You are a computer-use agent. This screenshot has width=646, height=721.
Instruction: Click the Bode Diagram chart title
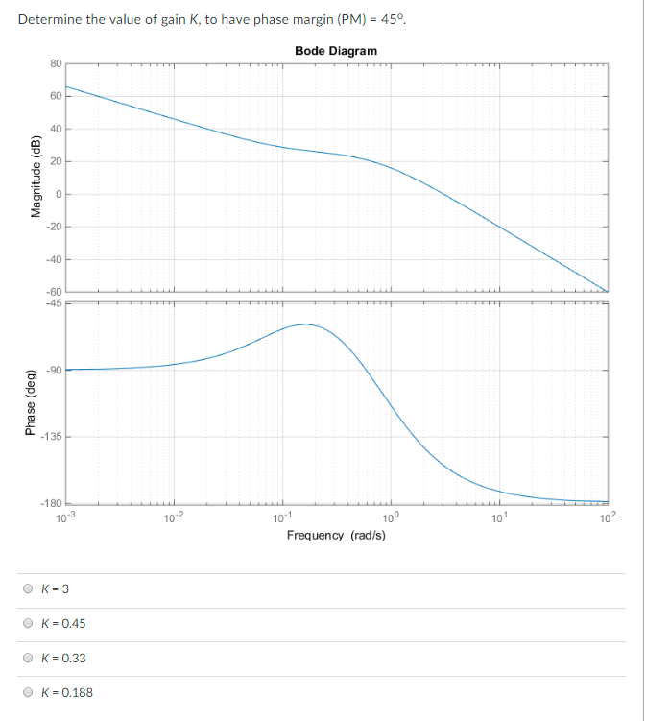336,50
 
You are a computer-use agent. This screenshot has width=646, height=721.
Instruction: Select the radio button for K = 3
28,589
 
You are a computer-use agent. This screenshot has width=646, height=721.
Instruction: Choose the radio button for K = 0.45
28,623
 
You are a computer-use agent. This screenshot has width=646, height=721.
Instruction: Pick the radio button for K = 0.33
28,658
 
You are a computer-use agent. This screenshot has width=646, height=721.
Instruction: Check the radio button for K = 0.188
28,692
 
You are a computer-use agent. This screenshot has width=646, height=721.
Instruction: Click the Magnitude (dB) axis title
36,178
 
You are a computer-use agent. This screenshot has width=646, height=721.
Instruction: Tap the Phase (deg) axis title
36,402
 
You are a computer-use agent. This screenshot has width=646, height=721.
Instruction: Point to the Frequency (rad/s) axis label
336,534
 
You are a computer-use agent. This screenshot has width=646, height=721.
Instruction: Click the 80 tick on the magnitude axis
56,63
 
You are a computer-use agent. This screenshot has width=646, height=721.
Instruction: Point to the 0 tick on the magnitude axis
57,194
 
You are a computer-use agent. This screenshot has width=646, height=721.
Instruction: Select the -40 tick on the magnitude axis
55,259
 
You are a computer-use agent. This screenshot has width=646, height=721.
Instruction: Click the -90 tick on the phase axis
54,370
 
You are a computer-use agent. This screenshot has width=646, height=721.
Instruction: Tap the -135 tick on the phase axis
52,437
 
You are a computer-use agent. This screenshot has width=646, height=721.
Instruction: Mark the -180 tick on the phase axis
52,503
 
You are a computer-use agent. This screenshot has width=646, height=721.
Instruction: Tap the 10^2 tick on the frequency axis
608,518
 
